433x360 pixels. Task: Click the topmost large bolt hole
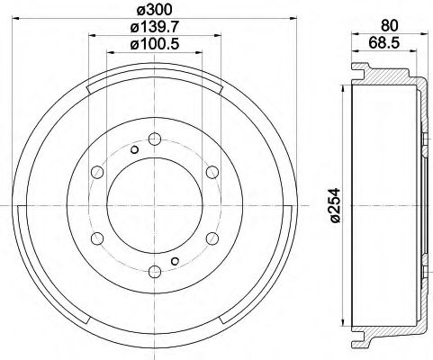coord(154,139)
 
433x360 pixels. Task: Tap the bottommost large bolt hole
coord(154,271)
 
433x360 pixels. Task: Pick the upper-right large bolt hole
coord(212,171)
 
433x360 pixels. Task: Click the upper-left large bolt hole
coord(96,171)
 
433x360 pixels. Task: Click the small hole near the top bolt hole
coord(133,149)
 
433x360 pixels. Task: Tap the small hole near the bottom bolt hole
coord(175,261)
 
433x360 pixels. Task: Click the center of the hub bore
coord(154,205)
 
